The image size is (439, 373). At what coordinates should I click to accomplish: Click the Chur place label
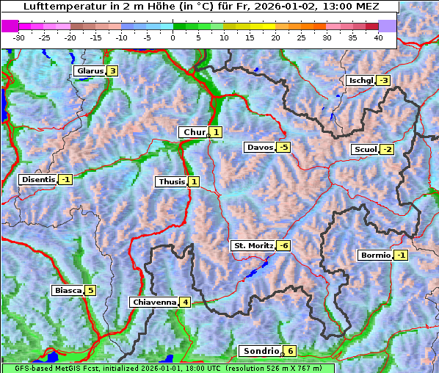click(195, 132)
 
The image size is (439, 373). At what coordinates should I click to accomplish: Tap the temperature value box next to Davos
click(283, 148)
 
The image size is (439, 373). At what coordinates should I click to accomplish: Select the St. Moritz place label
click(253, 245)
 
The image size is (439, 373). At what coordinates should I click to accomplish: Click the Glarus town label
click(90, 71)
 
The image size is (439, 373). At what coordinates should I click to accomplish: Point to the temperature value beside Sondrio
click(291, 351)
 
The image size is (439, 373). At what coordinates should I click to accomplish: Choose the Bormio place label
click(375, 256)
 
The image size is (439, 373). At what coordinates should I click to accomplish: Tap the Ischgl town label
click(360, 80)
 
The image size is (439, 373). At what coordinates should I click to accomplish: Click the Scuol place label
click(365, 150)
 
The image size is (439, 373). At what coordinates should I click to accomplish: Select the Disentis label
click(38, 179)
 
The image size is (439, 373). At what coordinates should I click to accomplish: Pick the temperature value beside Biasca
click(90, 290)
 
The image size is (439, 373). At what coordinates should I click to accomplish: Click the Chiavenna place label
click(153, 302)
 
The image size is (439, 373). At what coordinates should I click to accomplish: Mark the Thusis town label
click(171, 181)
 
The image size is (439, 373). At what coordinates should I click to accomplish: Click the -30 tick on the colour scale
click(19, 37)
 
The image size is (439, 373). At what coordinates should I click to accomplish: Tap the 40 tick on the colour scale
click(378, 37)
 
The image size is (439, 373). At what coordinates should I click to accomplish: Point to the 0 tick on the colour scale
click(173, 37)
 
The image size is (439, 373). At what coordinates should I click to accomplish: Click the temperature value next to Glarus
click(112, 71)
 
